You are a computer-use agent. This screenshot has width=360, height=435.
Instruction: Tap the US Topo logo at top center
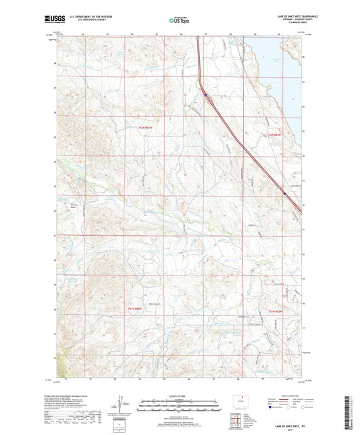179,20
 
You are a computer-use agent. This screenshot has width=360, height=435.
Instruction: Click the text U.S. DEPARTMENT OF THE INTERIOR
95,17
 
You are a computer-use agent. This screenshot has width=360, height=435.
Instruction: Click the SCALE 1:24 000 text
180,395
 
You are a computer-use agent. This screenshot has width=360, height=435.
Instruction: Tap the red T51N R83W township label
136,308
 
